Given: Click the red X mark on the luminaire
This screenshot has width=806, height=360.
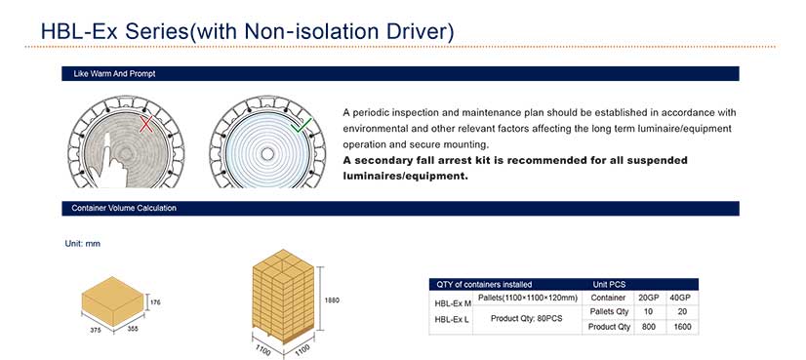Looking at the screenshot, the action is (x=146, y=124).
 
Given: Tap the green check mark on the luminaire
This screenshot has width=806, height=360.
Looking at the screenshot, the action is (x=302, y=125).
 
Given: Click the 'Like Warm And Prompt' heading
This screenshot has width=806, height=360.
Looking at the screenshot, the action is (x=114, y=74).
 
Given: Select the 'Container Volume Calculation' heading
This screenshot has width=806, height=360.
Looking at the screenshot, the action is (x=124, y=208).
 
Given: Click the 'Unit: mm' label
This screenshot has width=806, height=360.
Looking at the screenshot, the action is (x=82, y=244).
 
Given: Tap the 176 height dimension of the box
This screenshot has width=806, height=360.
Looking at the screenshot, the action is (x=155, y=302).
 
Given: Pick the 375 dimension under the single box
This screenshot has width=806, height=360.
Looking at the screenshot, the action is (x=96, y=330).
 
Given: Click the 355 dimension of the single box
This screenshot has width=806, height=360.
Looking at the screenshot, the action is (x=133, y=329).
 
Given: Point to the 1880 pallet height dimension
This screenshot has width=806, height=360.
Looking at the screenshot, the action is (x=332, y=300).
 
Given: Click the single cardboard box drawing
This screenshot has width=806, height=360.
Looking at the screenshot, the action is (x=112, y=301).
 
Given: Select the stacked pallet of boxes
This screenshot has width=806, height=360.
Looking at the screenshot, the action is (x=283, y=297).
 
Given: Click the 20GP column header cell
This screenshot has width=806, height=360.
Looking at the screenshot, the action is (x=649, y=298).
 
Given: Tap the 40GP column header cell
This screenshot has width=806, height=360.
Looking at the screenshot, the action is (x=681, y=298).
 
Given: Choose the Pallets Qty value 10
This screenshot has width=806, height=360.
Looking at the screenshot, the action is (x=649, y=311).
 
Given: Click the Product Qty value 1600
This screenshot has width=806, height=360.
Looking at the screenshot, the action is (x=681, y=327).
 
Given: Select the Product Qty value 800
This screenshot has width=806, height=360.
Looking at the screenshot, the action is (x=649, y=327).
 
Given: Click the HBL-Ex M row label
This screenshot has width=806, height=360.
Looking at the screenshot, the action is (x=453, y=303).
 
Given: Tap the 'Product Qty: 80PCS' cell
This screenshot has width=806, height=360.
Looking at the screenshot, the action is (x=526, y=319).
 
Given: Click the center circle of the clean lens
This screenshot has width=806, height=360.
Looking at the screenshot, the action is (x=267, y=154).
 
